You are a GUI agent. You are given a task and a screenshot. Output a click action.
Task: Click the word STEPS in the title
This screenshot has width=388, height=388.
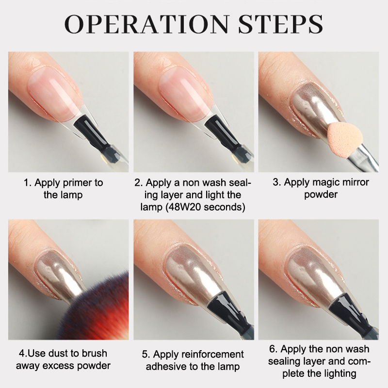coord(280,24)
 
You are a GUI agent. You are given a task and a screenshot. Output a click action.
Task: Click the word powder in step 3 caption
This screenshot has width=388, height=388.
coord(321,194)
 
